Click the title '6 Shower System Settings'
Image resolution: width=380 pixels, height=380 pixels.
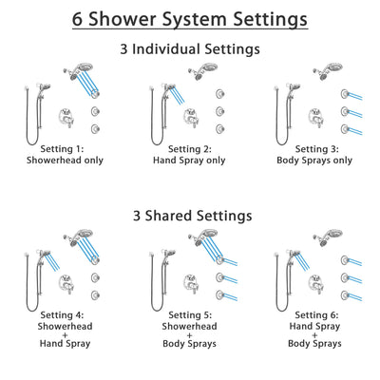[190, 19]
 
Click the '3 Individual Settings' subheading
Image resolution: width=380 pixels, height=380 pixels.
[190, 48]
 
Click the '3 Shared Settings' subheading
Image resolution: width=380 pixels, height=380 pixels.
[190, 216]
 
